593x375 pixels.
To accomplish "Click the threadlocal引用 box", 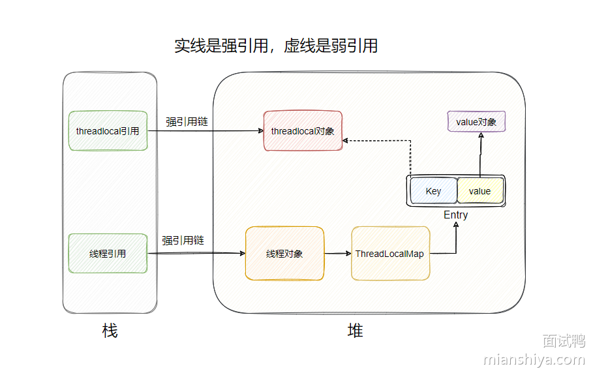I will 108,131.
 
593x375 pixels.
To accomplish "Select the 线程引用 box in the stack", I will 108,254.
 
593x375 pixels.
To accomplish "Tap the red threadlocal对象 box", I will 303,131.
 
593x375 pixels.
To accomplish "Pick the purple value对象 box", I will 476,122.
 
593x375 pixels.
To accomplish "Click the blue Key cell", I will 433,191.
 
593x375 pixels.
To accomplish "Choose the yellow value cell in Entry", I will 479,191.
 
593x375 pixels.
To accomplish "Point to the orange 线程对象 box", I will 284,254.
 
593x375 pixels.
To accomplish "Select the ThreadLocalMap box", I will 390,254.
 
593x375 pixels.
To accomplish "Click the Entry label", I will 455,215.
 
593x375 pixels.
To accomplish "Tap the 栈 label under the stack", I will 110,331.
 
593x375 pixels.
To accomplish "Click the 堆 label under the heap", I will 355,331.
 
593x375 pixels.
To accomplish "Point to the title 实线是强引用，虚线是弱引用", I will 276,46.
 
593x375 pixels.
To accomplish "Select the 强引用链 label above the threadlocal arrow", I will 187,121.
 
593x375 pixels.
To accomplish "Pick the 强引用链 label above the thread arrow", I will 183,241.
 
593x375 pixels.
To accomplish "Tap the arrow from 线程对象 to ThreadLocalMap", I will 337,254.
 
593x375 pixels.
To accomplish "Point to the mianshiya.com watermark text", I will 534,359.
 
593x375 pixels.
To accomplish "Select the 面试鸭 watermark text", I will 563,340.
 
